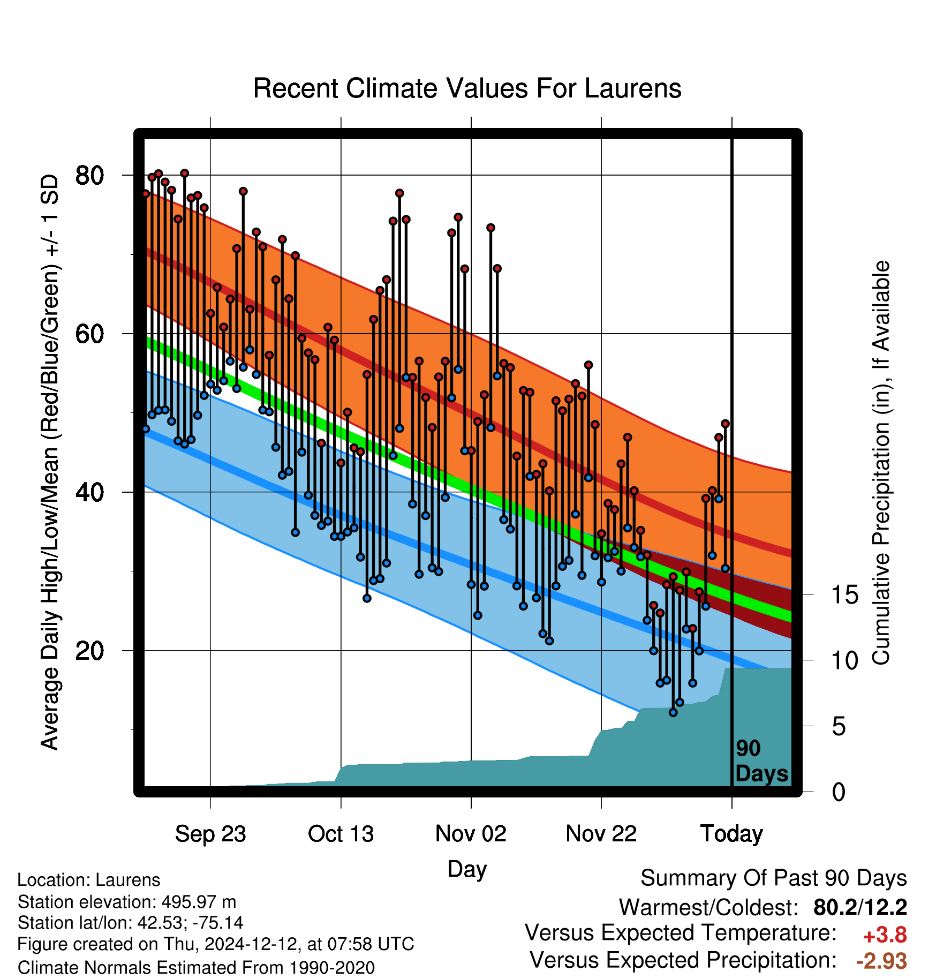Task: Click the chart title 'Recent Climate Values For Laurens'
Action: tap(467, 88)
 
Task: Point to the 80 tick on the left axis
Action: tap(89, 175)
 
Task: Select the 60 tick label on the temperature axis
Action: tap(89, 334)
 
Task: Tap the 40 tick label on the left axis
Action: tap(89, 492)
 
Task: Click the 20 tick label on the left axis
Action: tap(89, 651)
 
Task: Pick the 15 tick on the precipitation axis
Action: tap(844, 594)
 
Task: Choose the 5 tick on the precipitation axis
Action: tap(839, 727)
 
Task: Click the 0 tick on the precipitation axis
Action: tap(839, 792)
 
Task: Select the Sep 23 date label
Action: tap(210, 834)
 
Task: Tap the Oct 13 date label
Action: tap(341, 834)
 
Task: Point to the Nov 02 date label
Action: tap(471, 834)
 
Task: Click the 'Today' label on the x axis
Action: tap(731, 834)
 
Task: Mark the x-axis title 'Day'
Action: tap(467, 869)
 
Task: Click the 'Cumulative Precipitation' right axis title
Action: tap(881, 463)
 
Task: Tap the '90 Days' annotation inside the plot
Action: tap(761, 761)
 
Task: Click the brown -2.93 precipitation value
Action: tap(881, 961)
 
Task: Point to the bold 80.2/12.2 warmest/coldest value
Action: tap(860, 907)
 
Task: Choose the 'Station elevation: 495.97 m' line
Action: tap(127, 902)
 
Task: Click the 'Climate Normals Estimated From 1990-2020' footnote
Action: tap(196, 968)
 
